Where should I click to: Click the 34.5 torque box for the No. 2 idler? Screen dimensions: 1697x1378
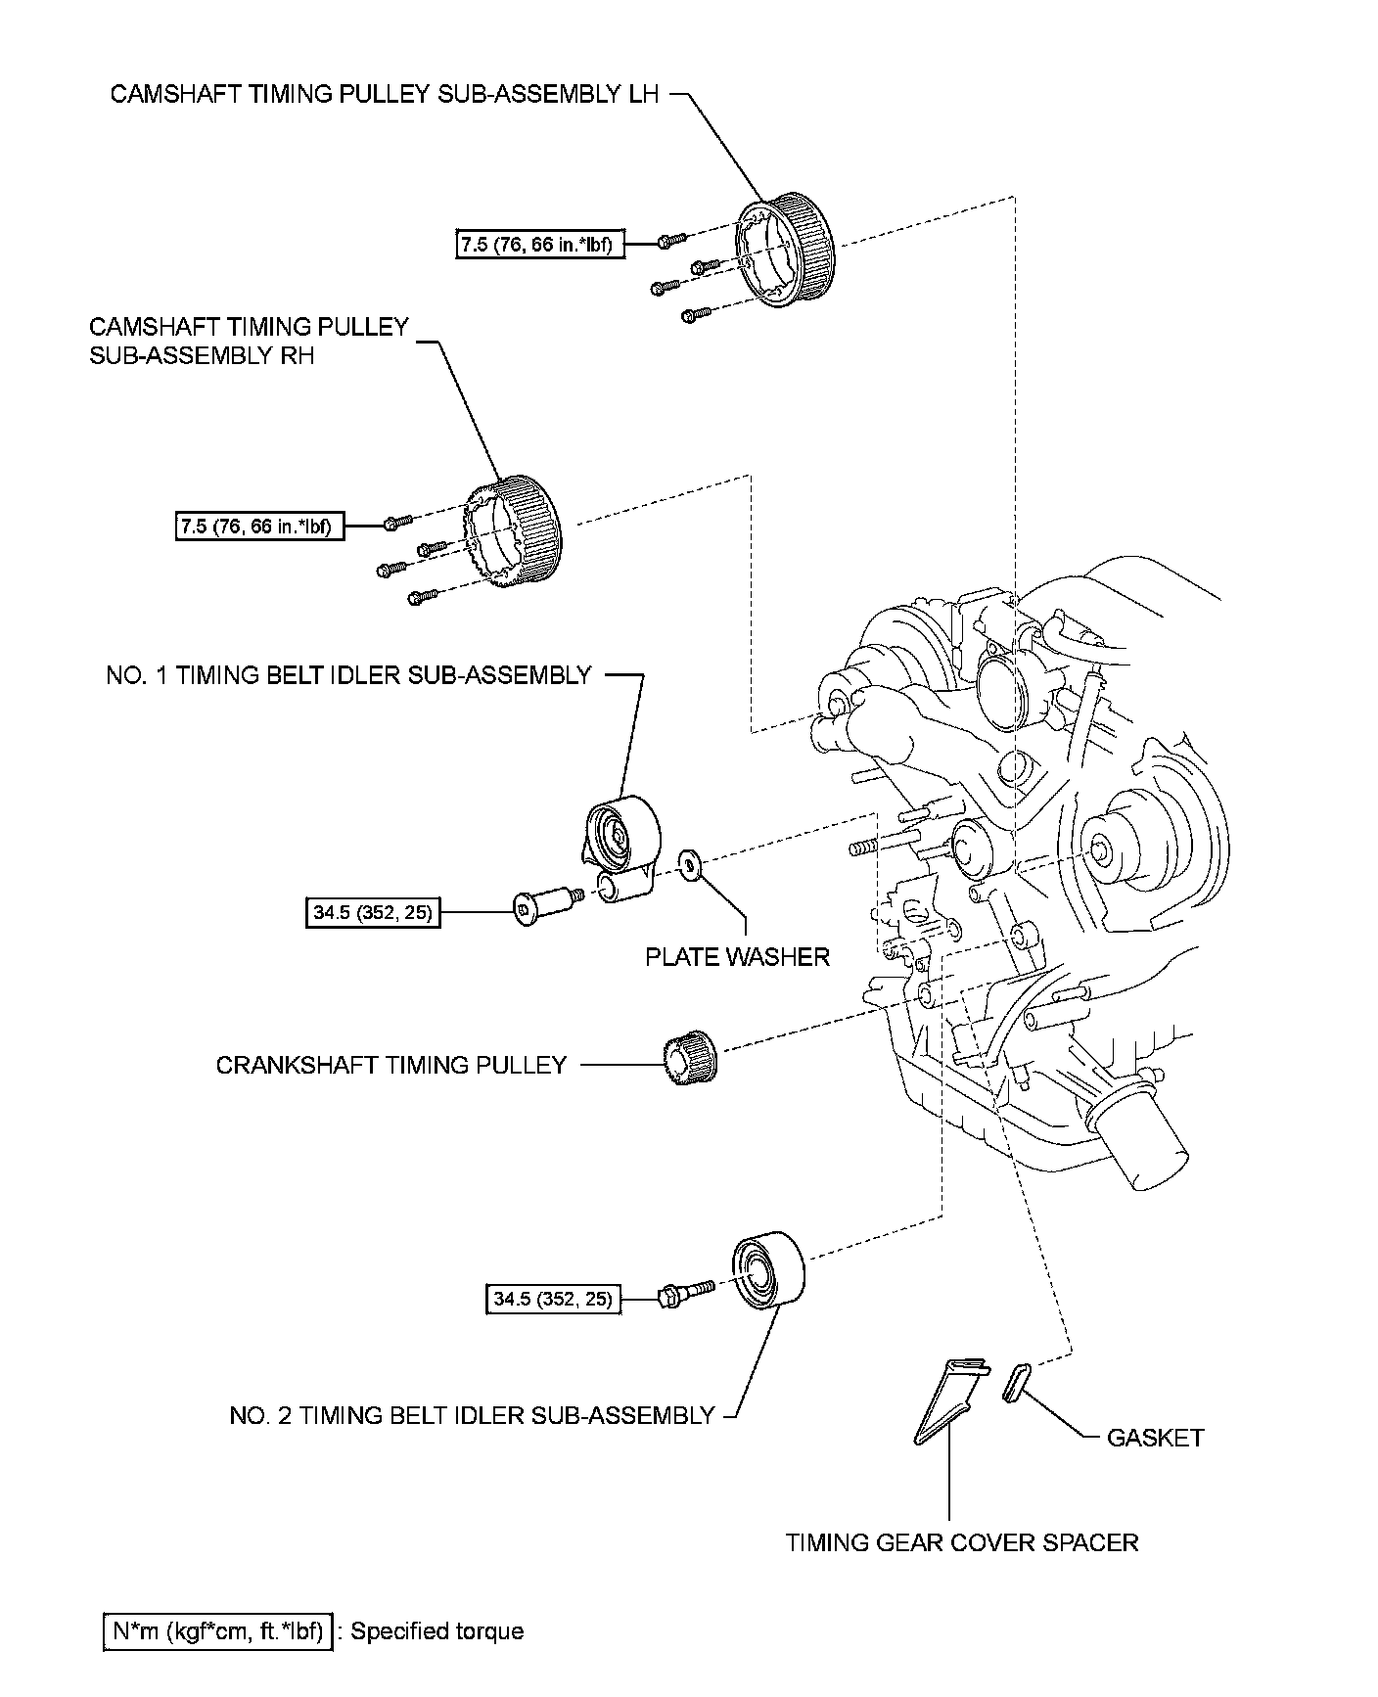(x=552, y=1299)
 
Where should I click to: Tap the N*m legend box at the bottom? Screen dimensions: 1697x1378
(x=217, y=1631)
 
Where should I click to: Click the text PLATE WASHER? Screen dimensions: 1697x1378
(x=737, y=957)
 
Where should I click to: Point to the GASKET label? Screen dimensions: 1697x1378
(x=1154, y=1438)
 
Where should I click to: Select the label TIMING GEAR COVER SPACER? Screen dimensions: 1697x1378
(x=962, y=1543)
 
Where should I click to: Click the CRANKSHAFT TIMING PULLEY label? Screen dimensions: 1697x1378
(x=390, y=1065)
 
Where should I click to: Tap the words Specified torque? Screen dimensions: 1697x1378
(x=436, y=1631)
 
